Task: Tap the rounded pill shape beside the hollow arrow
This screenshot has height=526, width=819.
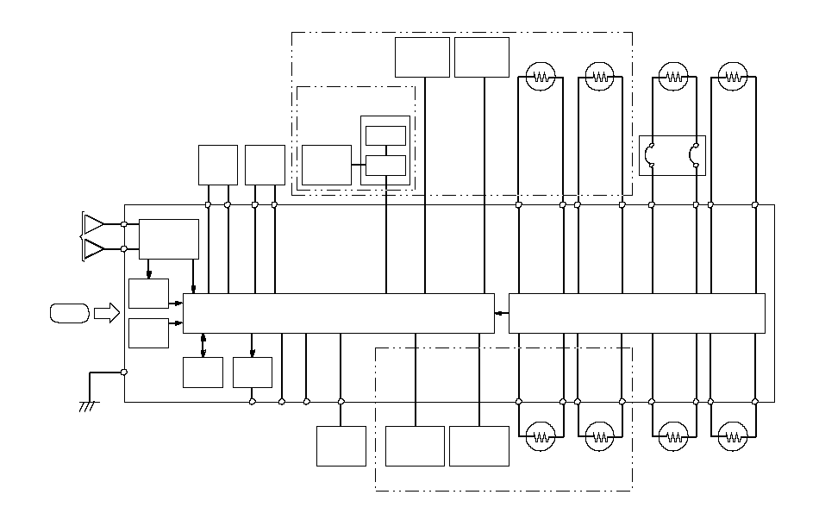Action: pyautogui.click(x=68, y=313)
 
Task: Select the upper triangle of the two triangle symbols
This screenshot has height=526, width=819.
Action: pyautogui.click(x=93, y=224)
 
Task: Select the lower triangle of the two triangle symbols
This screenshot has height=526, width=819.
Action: pyautogui.click(x=93, y=249)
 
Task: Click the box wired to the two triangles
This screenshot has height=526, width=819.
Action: pyautogui.click(x=168, y=239)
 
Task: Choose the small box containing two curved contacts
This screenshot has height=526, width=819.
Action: pyautogui.click(x=672, y=156)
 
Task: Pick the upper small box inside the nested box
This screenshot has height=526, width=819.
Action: pyautogui.click(x=385, y=135)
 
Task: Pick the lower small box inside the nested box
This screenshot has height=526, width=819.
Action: pyautogui.click(x=385, y=164)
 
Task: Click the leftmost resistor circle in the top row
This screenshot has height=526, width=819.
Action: pyautogui.click(x=541, y=77)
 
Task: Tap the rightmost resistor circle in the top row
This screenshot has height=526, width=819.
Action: pyautogui.click(x=733, y=77)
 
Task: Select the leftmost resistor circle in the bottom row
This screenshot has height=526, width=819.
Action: pyautogui.click(x=541, y=435)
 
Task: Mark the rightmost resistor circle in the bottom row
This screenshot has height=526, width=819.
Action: pyautogui.click(x=733, y=435)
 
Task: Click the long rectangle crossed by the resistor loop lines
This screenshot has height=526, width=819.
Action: pyautogui.click(x=637, y=313)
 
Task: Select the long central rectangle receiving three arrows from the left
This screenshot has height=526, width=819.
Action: pyautogui.click(x=339, y=313)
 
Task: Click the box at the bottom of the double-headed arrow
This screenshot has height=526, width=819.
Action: pyautogui.click(x=203, y=372)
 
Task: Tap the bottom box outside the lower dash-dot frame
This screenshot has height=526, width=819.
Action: pyautogui.click(x=341, y=446)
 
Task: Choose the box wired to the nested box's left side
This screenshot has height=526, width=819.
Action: pyautogui.click(x=327, y=165)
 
